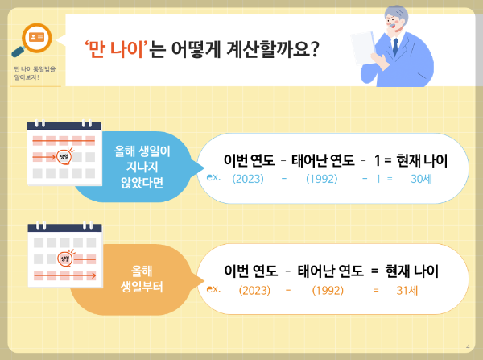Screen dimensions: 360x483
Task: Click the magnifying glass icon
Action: [35, 39]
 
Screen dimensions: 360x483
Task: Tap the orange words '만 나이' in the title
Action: [119, 50]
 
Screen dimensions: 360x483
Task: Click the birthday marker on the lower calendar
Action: [64, 259]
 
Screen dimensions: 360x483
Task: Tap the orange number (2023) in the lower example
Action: [254, 289]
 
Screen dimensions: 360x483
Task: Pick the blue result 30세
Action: [421, 178]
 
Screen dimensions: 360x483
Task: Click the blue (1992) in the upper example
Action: [321, 178]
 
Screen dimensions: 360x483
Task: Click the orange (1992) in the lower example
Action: [328, 289]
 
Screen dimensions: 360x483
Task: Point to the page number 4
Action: [468, 347]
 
